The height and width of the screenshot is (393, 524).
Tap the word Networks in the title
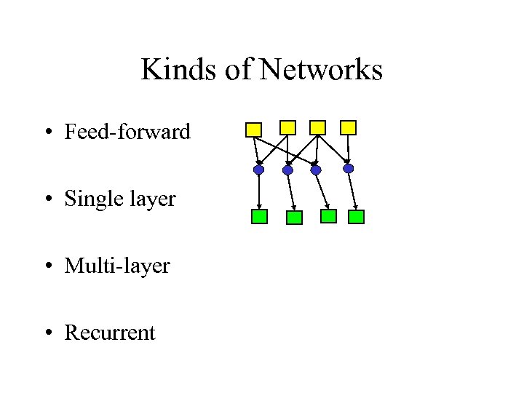321,70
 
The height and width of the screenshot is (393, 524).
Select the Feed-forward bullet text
127,132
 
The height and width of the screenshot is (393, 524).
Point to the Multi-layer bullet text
117,266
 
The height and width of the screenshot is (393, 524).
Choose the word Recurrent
110,333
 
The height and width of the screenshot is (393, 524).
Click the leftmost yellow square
253,130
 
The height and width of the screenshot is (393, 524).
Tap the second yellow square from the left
288,127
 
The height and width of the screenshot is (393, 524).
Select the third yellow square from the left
317,127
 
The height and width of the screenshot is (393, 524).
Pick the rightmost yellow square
349,127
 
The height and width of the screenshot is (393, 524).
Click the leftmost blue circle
258,170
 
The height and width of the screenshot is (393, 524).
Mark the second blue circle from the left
287,170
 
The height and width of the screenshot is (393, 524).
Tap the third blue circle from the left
316,170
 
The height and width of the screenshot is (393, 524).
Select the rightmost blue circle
349,168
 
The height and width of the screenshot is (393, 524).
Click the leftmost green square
259,216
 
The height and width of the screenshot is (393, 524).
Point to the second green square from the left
294,217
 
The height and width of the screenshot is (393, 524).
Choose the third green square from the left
329,216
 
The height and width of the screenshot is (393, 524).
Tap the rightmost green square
356,216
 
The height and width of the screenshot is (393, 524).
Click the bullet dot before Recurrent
47,333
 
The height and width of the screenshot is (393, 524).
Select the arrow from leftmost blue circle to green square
258,191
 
